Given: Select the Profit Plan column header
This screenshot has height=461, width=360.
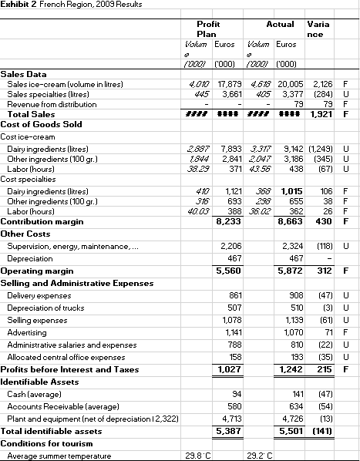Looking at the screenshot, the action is point(208,31).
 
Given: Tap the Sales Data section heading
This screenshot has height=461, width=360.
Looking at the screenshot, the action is point(25,75).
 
